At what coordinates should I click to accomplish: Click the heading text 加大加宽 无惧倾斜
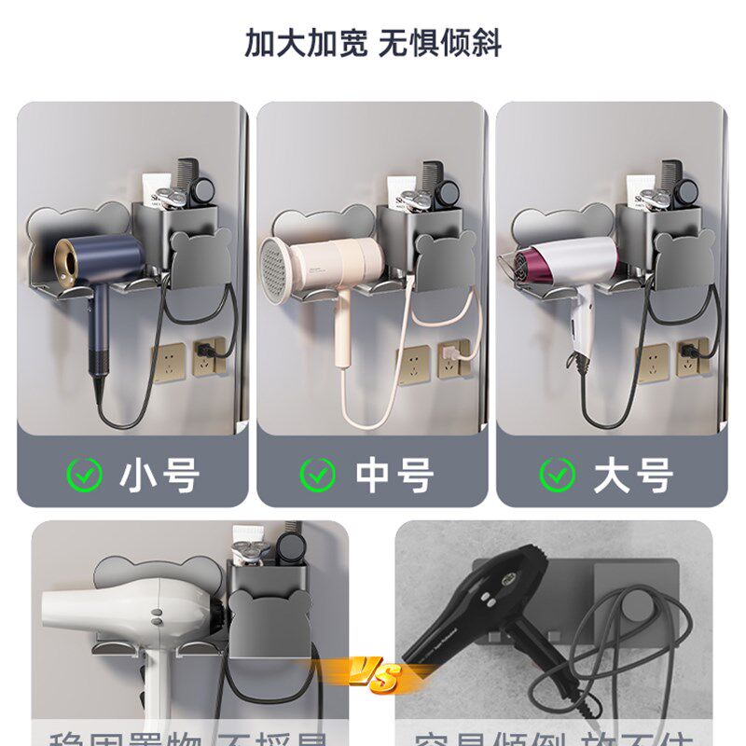(x=373, y=43)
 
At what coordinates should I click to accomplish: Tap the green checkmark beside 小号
(x=84, y=476)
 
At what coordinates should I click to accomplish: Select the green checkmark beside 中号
(x=317, y=476)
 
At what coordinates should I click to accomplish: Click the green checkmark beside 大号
(x=557, y=476)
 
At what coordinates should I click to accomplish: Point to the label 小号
(x=159, y=476)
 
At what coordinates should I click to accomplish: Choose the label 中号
(x=394, y=476)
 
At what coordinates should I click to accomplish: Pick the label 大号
(x=633, y=476)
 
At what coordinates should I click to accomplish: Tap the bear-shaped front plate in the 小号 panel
(x=200, y=260)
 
